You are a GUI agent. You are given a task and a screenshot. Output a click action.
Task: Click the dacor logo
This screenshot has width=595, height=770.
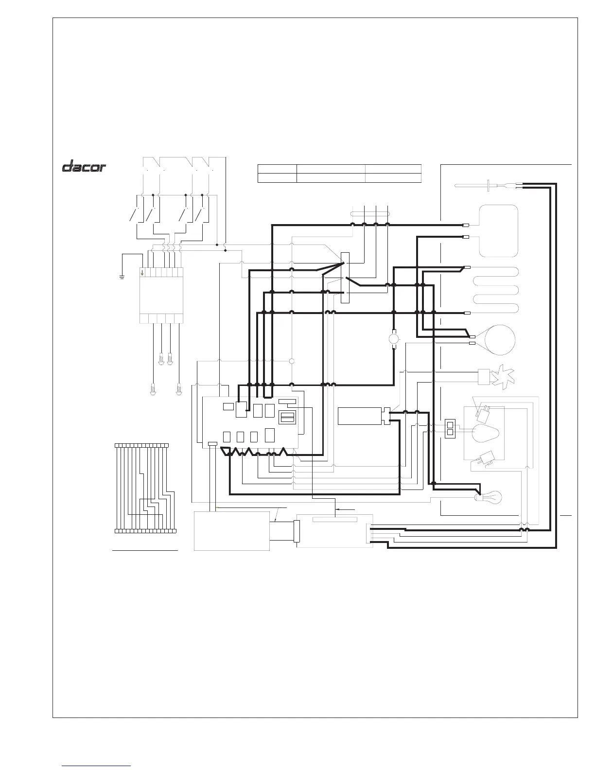click(x=84, y=166)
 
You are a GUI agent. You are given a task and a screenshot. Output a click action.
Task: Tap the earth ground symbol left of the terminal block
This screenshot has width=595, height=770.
click(x=122, y=277)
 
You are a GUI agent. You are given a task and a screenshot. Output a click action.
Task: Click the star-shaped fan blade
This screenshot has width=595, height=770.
click(x=503, y=377)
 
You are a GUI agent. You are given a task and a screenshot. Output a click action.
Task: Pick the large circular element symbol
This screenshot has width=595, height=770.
click(x=500, y=340)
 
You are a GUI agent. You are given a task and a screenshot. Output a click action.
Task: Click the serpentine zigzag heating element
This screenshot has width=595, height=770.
click(x=495, y=290)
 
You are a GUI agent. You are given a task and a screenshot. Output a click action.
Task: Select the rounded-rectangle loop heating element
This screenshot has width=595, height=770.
click(x=498, y=231)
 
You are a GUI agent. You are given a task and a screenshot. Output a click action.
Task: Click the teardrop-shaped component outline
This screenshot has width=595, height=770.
click(x=485, y=433)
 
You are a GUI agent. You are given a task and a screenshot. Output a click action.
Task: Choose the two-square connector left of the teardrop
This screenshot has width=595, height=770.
click(x=450, y=428)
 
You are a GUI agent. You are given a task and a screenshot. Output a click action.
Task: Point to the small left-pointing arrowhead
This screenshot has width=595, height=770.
click(x=338, y=509)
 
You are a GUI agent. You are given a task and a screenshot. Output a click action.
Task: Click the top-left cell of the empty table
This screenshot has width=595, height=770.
click(x=277, y=169)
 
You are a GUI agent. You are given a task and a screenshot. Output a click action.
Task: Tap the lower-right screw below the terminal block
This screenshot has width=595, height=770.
click(x=178, y=389)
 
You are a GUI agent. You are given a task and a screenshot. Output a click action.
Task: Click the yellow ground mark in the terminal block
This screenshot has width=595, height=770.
click(x=142, y=272)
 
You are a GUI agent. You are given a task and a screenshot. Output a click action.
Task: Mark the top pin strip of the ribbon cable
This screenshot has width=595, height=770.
click(x=142, y=445)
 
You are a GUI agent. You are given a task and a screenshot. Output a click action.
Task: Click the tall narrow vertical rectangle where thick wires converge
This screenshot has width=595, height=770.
click(x=345, y=278)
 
